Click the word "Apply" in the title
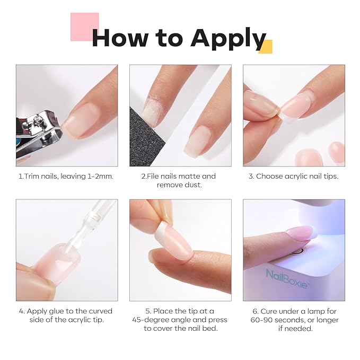pos(228,38)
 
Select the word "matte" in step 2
pos(189,176)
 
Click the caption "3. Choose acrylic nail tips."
pos(293,176)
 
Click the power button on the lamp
pos(298,250)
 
